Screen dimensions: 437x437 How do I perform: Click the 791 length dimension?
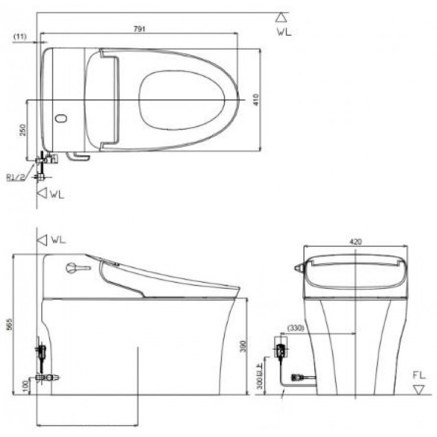140,28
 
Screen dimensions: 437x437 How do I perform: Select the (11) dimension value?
19,37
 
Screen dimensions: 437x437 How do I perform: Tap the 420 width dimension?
356,241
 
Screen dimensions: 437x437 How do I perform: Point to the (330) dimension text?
296,327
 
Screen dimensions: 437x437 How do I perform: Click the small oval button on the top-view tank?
60,119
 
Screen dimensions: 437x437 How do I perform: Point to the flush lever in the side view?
74,269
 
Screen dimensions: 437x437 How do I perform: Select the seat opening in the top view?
183,100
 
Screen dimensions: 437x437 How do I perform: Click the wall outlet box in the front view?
282,350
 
